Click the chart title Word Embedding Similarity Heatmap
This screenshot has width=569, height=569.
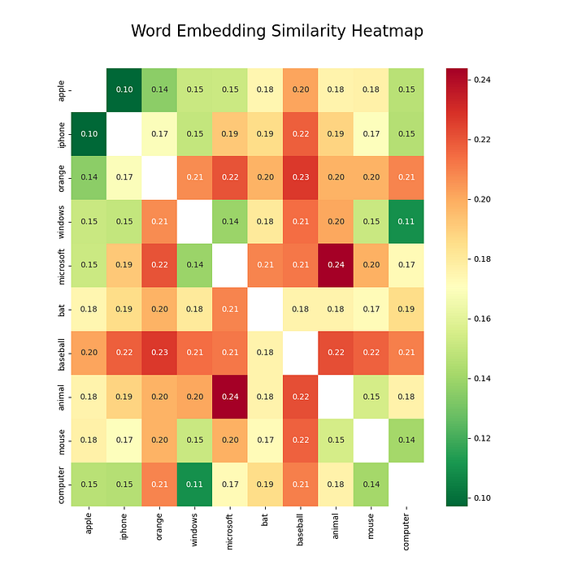point(276,31)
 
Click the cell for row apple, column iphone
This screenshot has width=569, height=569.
point(124,89)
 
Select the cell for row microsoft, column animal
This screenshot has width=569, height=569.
point(336,265)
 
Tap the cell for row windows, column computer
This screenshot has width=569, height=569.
point(406,221)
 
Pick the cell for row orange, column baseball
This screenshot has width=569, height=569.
point(300,177)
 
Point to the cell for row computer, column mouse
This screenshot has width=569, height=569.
point(371,484)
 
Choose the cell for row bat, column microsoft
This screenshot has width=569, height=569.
point(230,309)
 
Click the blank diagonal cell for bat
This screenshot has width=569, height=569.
point(265,309)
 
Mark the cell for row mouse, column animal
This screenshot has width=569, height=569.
point(336,441)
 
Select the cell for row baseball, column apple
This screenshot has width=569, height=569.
point(89,353)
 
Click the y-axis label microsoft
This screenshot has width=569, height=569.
point(62,265)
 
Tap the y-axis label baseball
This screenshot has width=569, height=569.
point(62,353)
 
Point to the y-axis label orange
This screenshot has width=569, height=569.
point(62,177)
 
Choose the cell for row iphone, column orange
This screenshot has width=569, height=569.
point(159,133)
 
